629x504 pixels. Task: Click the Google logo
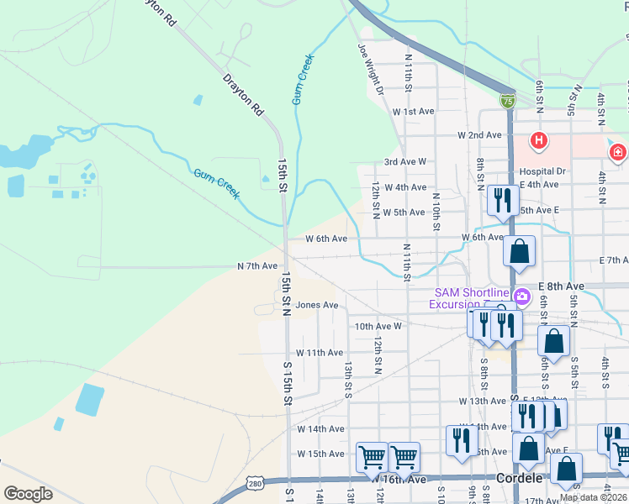tap(29, 494)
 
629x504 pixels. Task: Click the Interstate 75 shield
tap(507, 101)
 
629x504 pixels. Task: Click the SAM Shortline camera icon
tap(521, 296)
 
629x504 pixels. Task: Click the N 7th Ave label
tap(256, 266)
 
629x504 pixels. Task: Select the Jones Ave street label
tap(316, 306)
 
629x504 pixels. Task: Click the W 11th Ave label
tap(319, 353)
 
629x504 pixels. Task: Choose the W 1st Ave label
tap(413, 111)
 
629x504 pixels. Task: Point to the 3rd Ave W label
tap(405, 161)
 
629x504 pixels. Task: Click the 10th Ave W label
tap(379, 326)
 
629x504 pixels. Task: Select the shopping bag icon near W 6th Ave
tap(520, 251)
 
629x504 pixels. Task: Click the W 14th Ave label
tap(320, 428)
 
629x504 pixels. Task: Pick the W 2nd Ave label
tap(480, 135)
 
